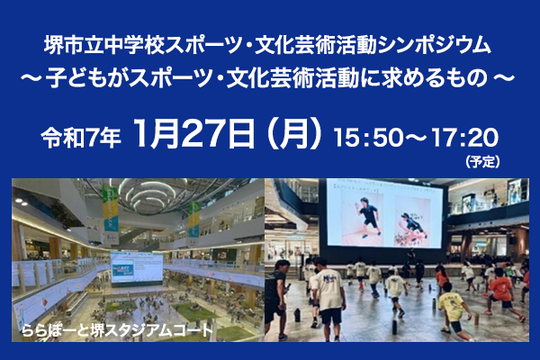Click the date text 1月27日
pos(194,134)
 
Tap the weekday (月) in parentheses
pos(294,134)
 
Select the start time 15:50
pos(368,137)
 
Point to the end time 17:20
pos(464,137)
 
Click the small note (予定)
pos(482,162)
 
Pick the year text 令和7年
pos(81,138)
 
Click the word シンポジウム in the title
pos(435,46)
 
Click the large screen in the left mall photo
pos(137,269)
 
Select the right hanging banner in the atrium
pos(193,220)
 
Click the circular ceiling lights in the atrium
pos(149,194)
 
